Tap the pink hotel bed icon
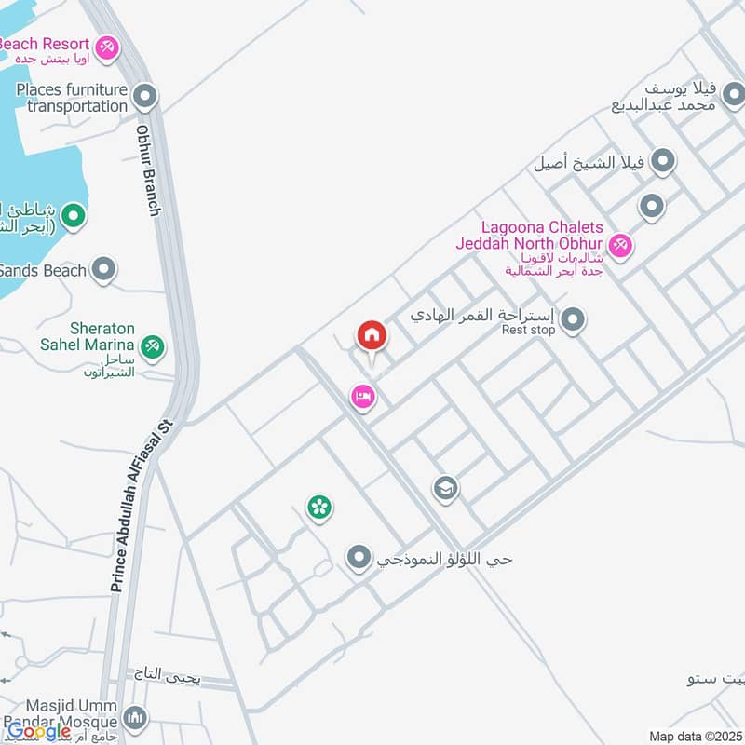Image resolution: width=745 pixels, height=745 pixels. (x=362, y=398)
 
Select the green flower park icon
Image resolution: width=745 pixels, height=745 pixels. (x=320, y=508)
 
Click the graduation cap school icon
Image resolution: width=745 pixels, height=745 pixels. (x=445, y=488)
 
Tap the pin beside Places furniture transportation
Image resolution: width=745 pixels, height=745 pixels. (x=144, y=95)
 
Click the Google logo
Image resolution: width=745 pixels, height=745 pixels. (x=39, y=732)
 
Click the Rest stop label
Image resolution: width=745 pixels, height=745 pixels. (x=528, y=330)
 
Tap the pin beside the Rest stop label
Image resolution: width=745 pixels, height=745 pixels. (x=573, y=320)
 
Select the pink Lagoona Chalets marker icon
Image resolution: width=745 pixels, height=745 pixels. (x=621, y=246)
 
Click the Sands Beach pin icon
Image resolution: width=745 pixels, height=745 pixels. (x=104, y=270)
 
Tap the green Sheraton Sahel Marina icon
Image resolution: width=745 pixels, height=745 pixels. (x=154, y=346)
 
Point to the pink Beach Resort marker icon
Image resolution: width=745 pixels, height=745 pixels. (x=107, y=46)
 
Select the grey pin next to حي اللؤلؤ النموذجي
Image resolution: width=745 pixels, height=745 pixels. (x=359, y=559)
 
